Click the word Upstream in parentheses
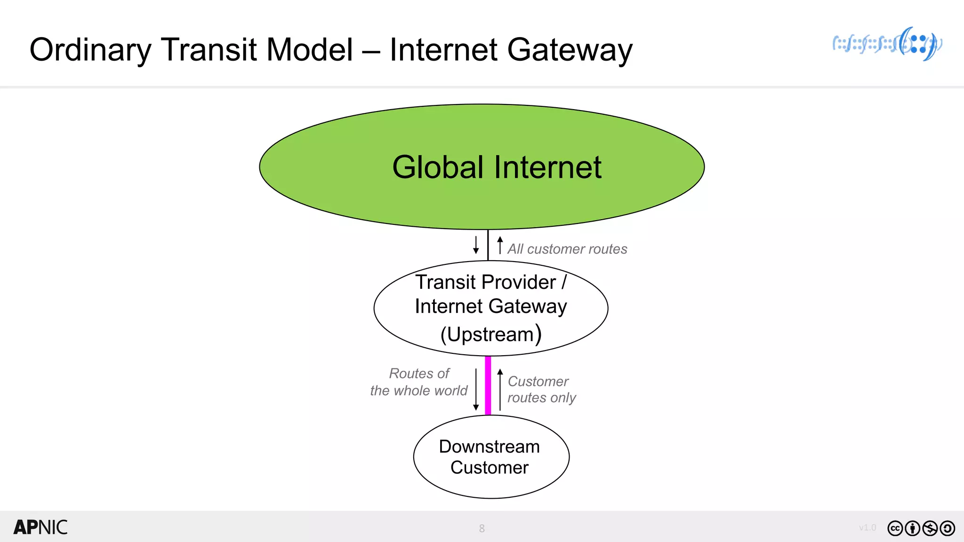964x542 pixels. point(490,335)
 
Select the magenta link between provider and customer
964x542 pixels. point(488,386)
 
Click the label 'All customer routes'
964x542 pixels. point(567,249)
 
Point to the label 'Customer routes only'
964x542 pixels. point(541,390)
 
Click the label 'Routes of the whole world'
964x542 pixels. point(419,382)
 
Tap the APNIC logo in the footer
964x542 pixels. point(40,527)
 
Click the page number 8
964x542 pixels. point(482,528)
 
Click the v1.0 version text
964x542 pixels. point(867,528)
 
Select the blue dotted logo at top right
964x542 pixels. point(887,44)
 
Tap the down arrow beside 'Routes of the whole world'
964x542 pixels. point(476,390)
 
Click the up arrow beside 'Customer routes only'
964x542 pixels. point(500,390)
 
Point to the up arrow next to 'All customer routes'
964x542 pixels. point(500,245)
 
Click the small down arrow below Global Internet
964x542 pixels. point(476,245)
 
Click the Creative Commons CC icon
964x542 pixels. point(895,528)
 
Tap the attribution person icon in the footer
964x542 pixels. point(912,528)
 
